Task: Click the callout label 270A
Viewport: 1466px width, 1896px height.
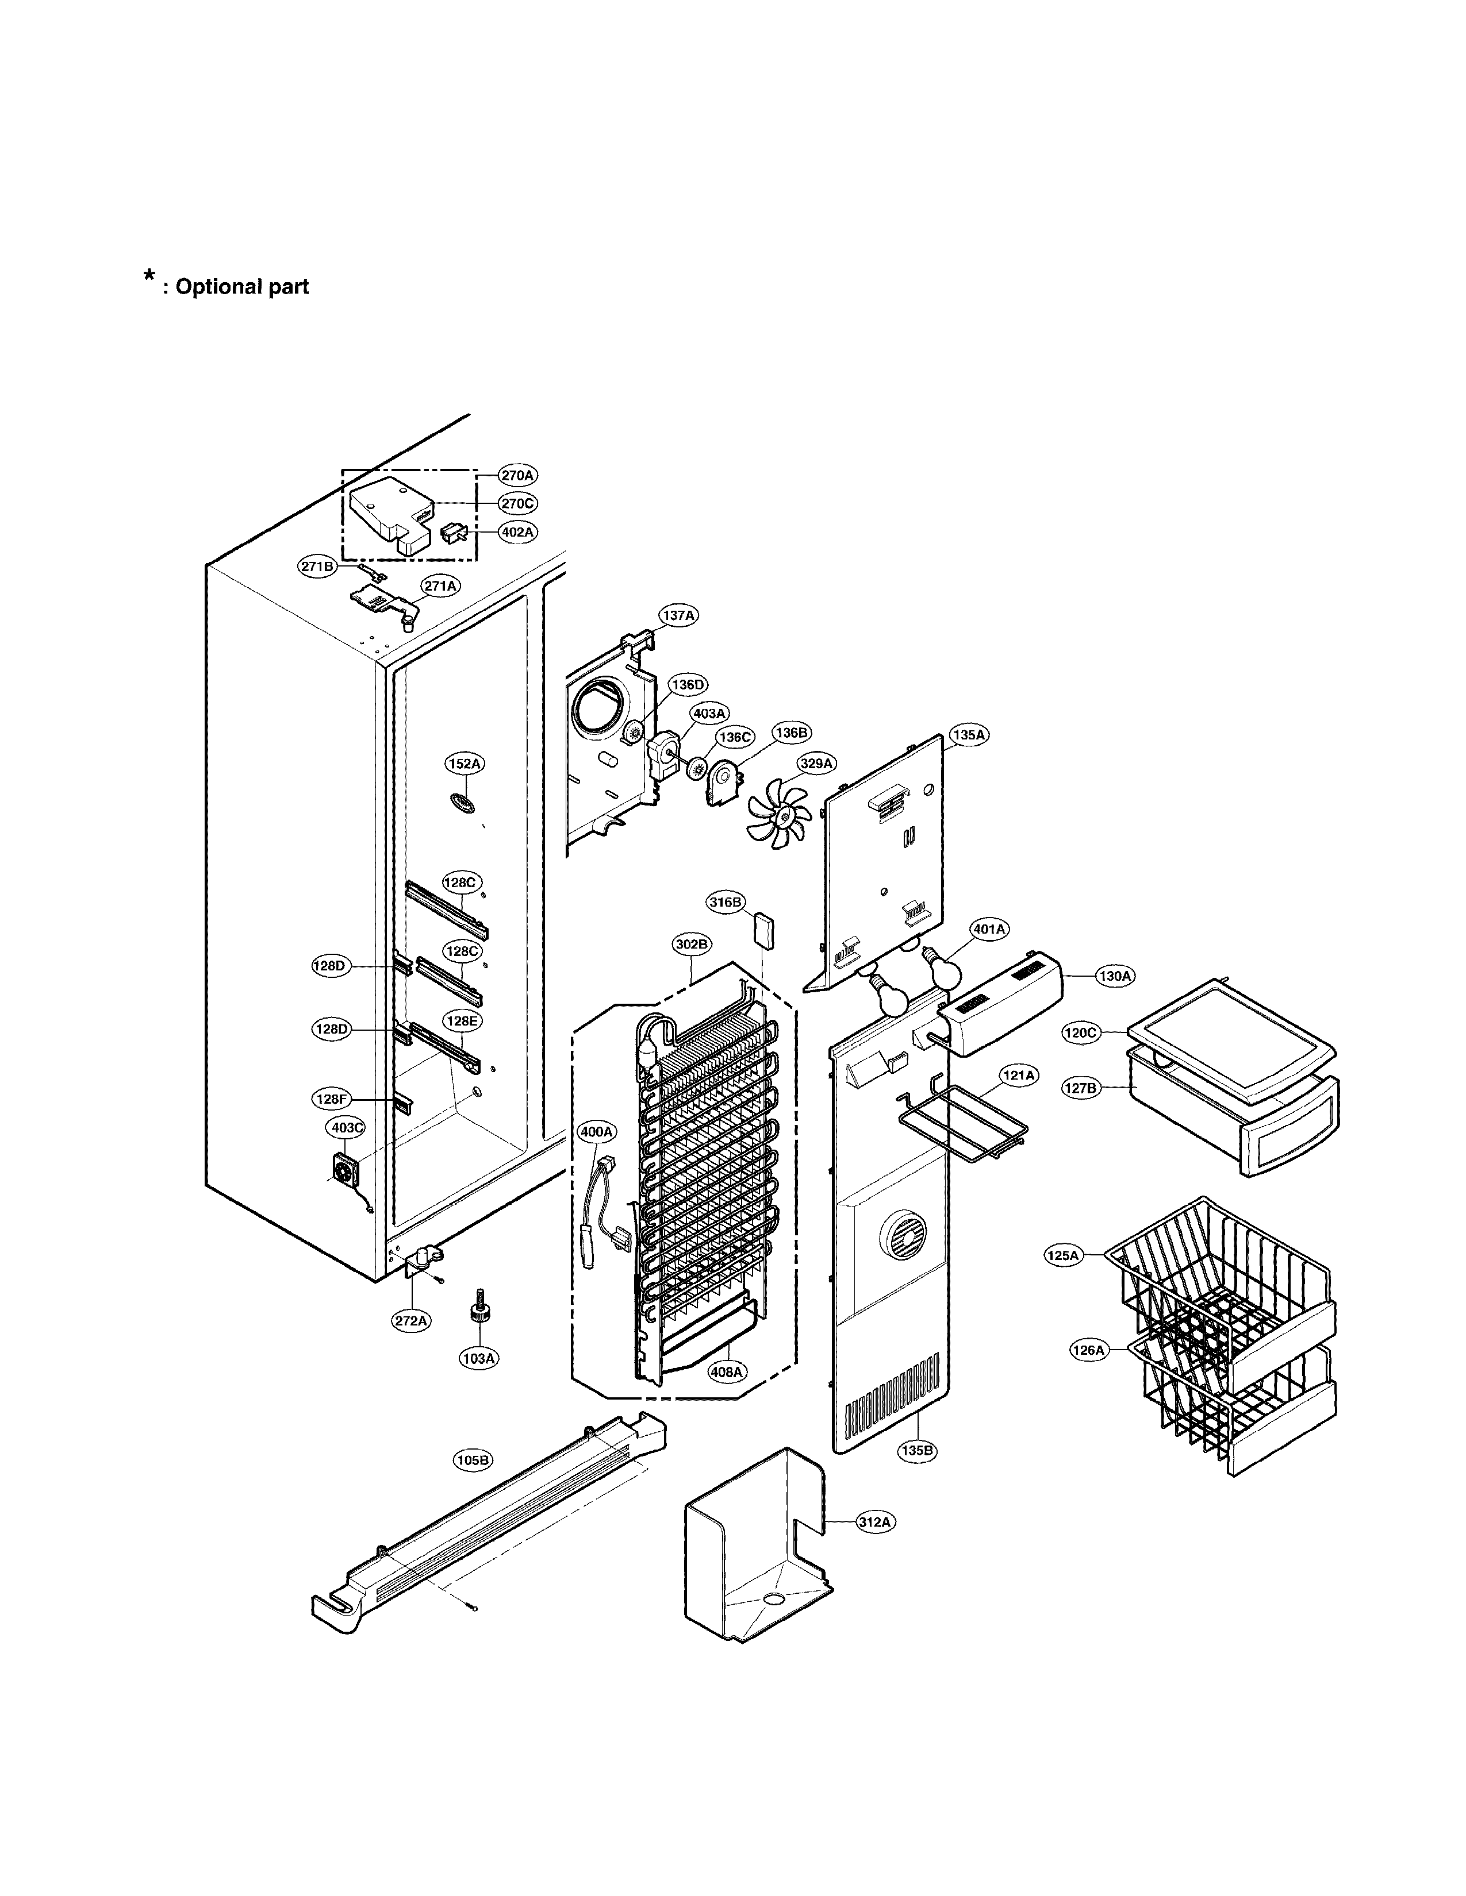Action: click(517, 475)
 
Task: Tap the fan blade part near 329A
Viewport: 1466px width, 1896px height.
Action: click(779, 814)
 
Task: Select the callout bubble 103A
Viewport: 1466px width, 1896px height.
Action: click(478, 1359)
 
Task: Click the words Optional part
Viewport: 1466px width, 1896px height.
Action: click(241, 287)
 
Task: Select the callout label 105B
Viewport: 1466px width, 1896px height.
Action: click(473, 1460)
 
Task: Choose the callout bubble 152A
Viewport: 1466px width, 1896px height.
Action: click(465, 764)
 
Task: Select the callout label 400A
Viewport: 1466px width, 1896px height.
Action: click(597, 1132)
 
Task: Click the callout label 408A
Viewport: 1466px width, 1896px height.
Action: click(726, 1373)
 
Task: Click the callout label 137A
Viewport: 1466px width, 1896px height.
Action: click(678, 615)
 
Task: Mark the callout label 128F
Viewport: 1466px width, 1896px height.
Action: click(331, 1099)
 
